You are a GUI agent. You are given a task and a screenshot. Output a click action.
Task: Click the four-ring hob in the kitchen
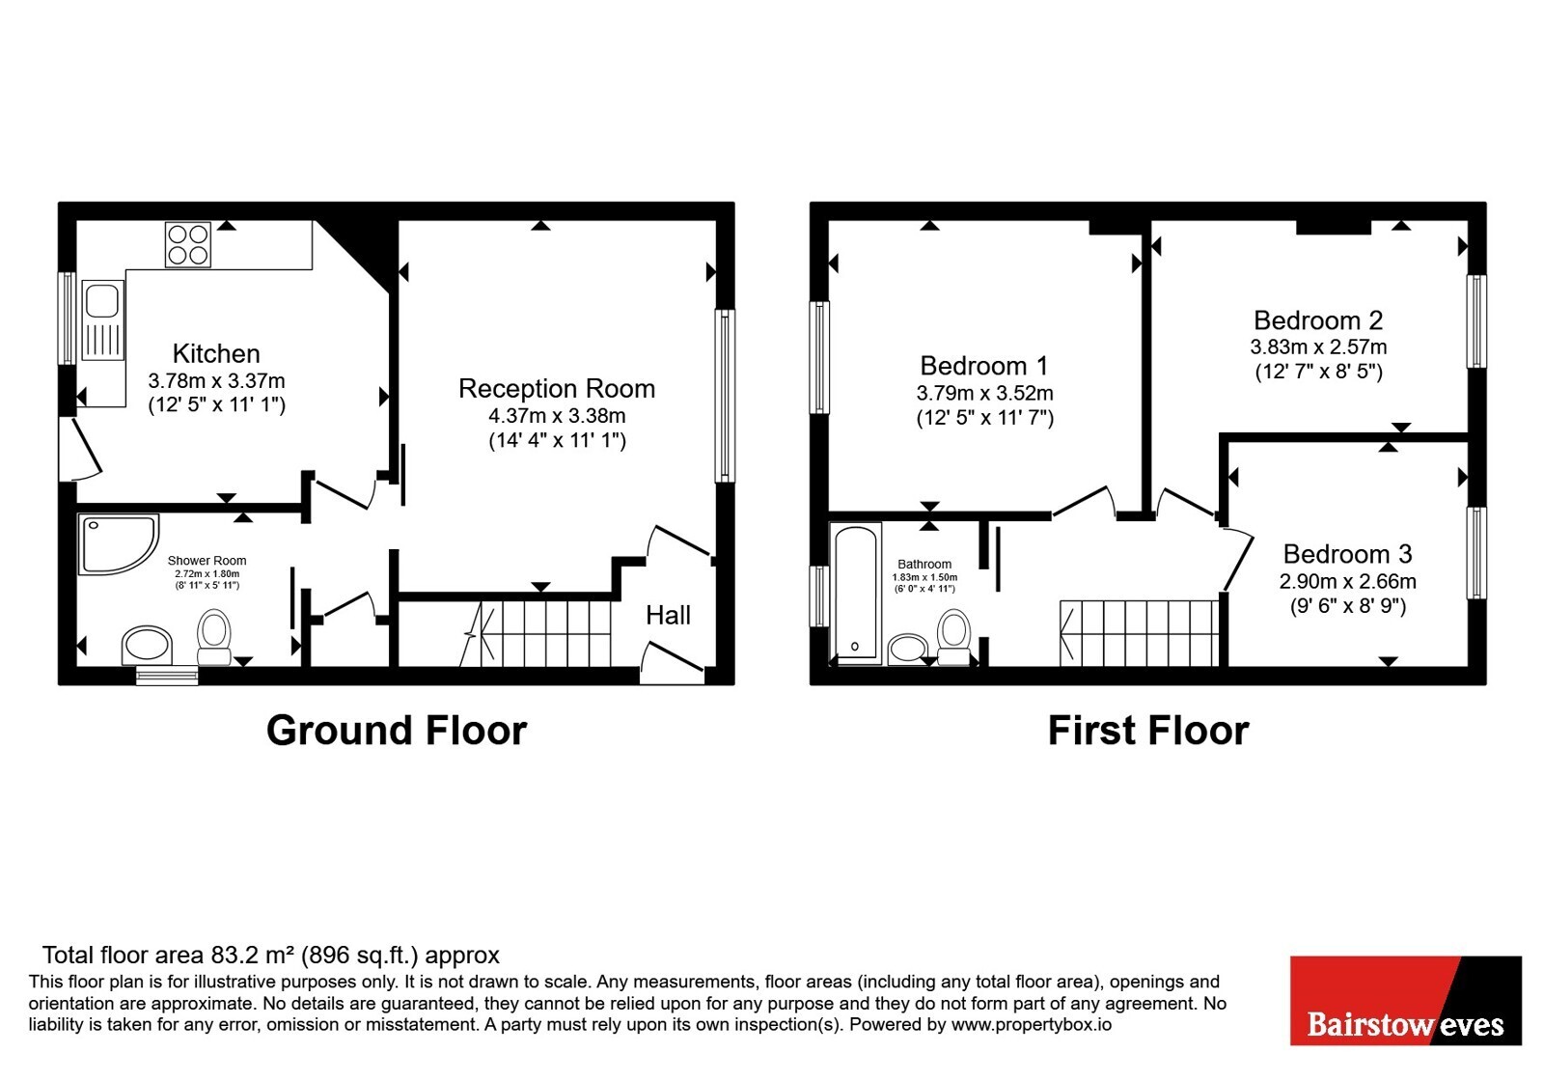click(188, 245)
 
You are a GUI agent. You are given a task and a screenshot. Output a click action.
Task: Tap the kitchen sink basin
click(102, 301)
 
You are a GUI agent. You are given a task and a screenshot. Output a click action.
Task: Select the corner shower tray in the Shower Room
click(119, 544)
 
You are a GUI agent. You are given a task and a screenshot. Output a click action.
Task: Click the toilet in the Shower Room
click(213, 637)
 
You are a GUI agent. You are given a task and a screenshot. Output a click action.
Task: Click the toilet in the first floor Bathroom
click(954, 637)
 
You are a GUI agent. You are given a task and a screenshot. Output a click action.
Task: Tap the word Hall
click(668, 615)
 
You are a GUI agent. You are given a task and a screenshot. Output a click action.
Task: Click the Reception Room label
click(557, 389)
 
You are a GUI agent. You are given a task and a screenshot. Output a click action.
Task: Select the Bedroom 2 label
click(1318, 320)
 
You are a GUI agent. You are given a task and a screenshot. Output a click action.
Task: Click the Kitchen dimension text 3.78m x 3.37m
click(216, 380)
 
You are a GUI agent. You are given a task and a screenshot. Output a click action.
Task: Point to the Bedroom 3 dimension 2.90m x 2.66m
click(1347, 581)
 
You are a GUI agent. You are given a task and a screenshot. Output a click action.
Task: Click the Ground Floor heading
click(397, 731)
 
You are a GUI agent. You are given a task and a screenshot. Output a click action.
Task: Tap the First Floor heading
click(1148, 731)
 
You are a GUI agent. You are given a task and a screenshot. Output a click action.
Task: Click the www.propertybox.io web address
click(1032, 1024)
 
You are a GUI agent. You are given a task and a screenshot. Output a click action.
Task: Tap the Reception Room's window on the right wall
click(725, 396)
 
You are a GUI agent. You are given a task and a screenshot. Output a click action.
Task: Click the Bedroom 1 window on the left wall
click(819, 357)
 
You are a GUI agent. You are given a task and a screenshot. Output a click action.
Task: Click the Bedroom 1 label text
click(983, 366)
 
